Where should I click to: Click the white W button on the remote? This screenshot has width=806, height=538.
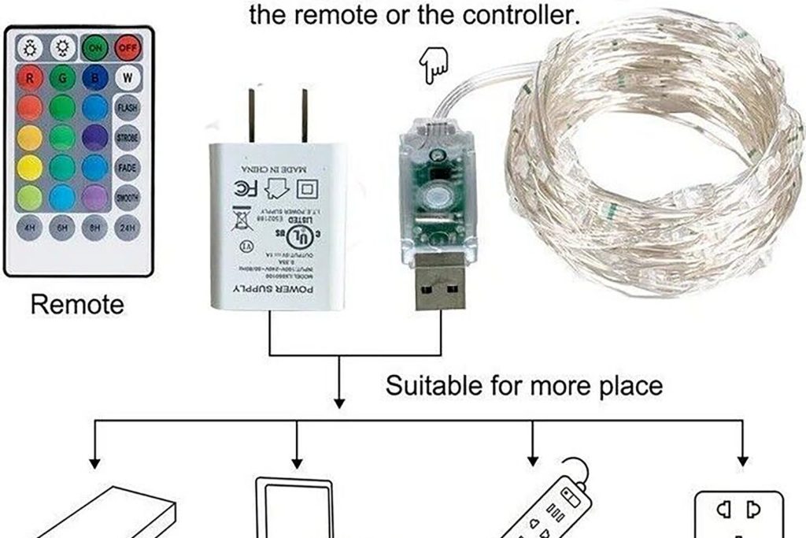click(127, 78)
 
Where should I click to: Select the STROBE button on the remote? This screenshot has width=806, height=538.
click(127, 137)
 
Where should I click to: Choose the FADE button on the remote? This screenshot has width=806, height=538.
click(127, 167)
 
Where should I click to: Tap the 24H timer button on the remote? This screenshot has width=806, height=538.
click(127, 228)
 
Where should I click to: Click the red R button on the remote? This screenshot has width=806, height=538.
click(29, 78)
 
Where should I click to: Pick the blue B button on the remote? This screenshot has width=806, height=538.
click(94, 78)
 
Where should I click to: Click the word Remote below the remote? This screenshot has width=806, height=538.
click(77, 304)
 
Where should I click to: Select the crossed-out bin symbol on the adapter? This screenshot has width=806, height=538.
click(242, 217)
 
